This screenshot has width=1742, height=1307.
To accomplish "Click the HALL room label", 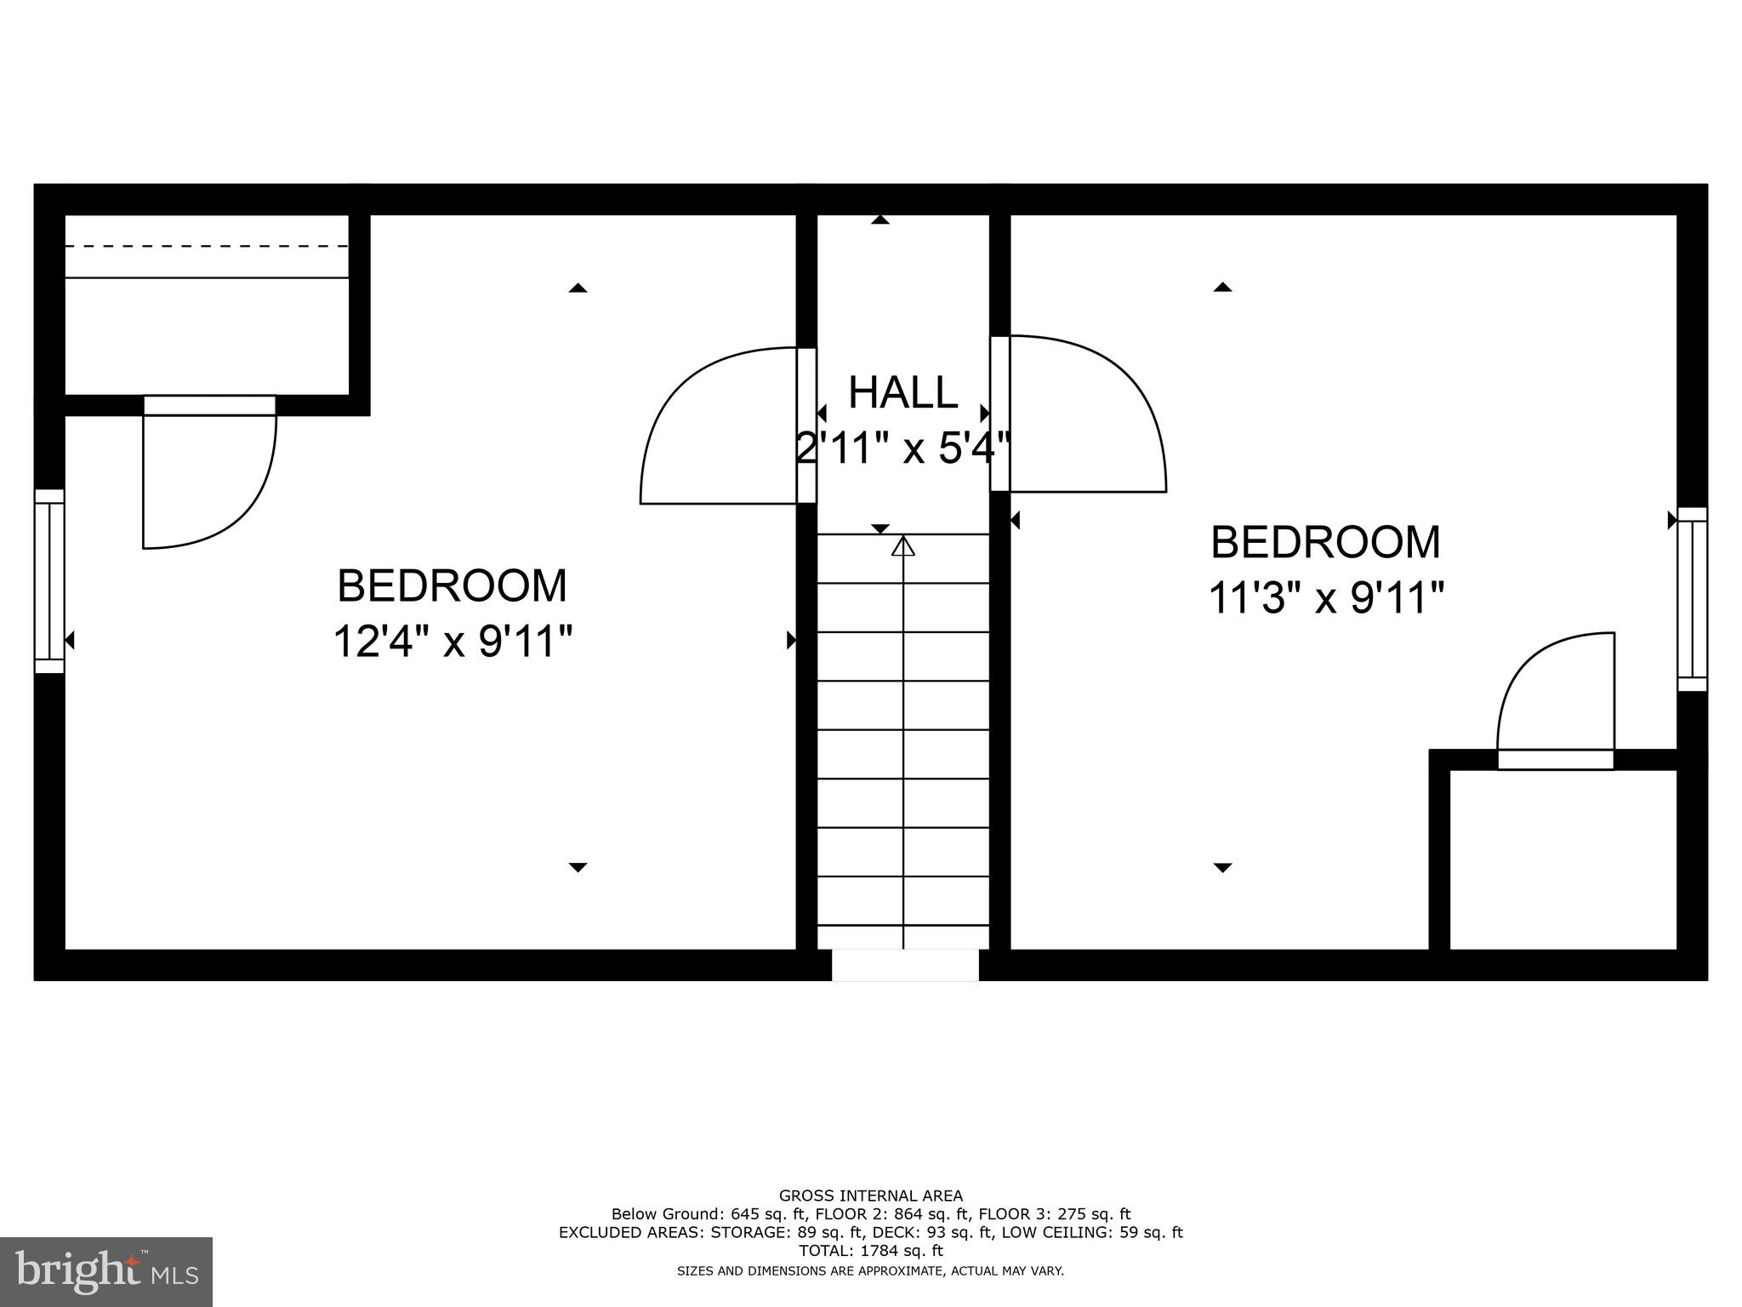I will tap(902, 393).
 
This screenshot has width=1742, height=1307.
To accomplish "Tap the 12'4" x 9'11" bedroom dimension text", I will tap(452, 642).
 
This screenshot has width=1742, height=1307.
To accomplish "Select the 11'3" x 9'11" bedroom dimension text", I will tap(1325, 598).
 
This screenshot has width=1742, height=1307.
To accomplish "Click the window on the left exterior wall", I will tap(49, 581).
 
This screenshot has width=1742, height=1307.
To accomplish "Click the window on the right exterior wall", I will tap(1692, 599).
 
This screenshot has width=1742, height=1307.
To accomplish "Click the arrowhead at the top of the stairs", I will tap(902, 546).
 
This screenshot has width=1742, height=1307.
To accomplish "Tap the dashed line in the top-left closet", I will tap(207, 247).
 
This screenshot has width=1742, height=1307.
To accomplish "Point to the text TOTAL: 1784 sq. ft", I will tap(870, 1250).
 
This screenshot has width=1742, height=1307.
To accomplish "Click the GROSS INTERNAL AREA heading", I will tap(870, 1196).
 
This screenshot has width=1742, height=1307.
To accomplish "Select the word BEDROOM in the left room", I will tap(452, 586).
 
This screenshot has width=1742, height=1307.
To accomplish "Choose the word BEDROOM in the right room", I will tap(1325, 543).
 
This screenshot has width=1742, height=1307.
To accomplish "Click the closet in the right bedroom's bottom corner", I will tap(1563, 859).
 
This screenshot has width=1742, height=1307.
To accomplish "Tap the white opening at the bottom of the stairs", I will tap(905, 965).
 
